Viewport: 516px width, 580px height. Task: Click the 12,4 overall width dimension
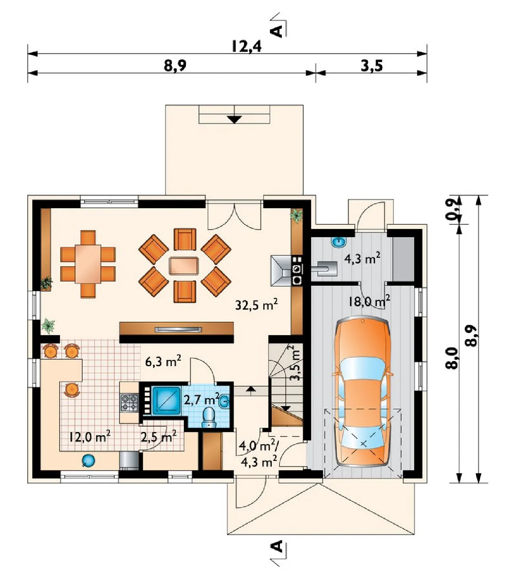point(246,47)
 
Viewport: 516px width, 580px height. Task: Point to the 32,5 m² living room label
point(256,305)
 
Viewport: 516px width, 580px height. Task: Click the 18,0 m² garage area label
point(369,301)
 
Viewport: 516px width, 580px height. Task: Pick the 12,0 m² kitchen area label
point(90,437)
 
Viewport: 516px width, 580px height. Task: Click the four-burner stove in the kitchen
point(129,403)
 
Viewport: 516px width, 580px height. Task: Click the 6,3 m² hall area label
point(163,362)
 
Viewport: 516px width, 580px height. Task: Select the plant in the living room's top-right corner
point(297,215)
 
